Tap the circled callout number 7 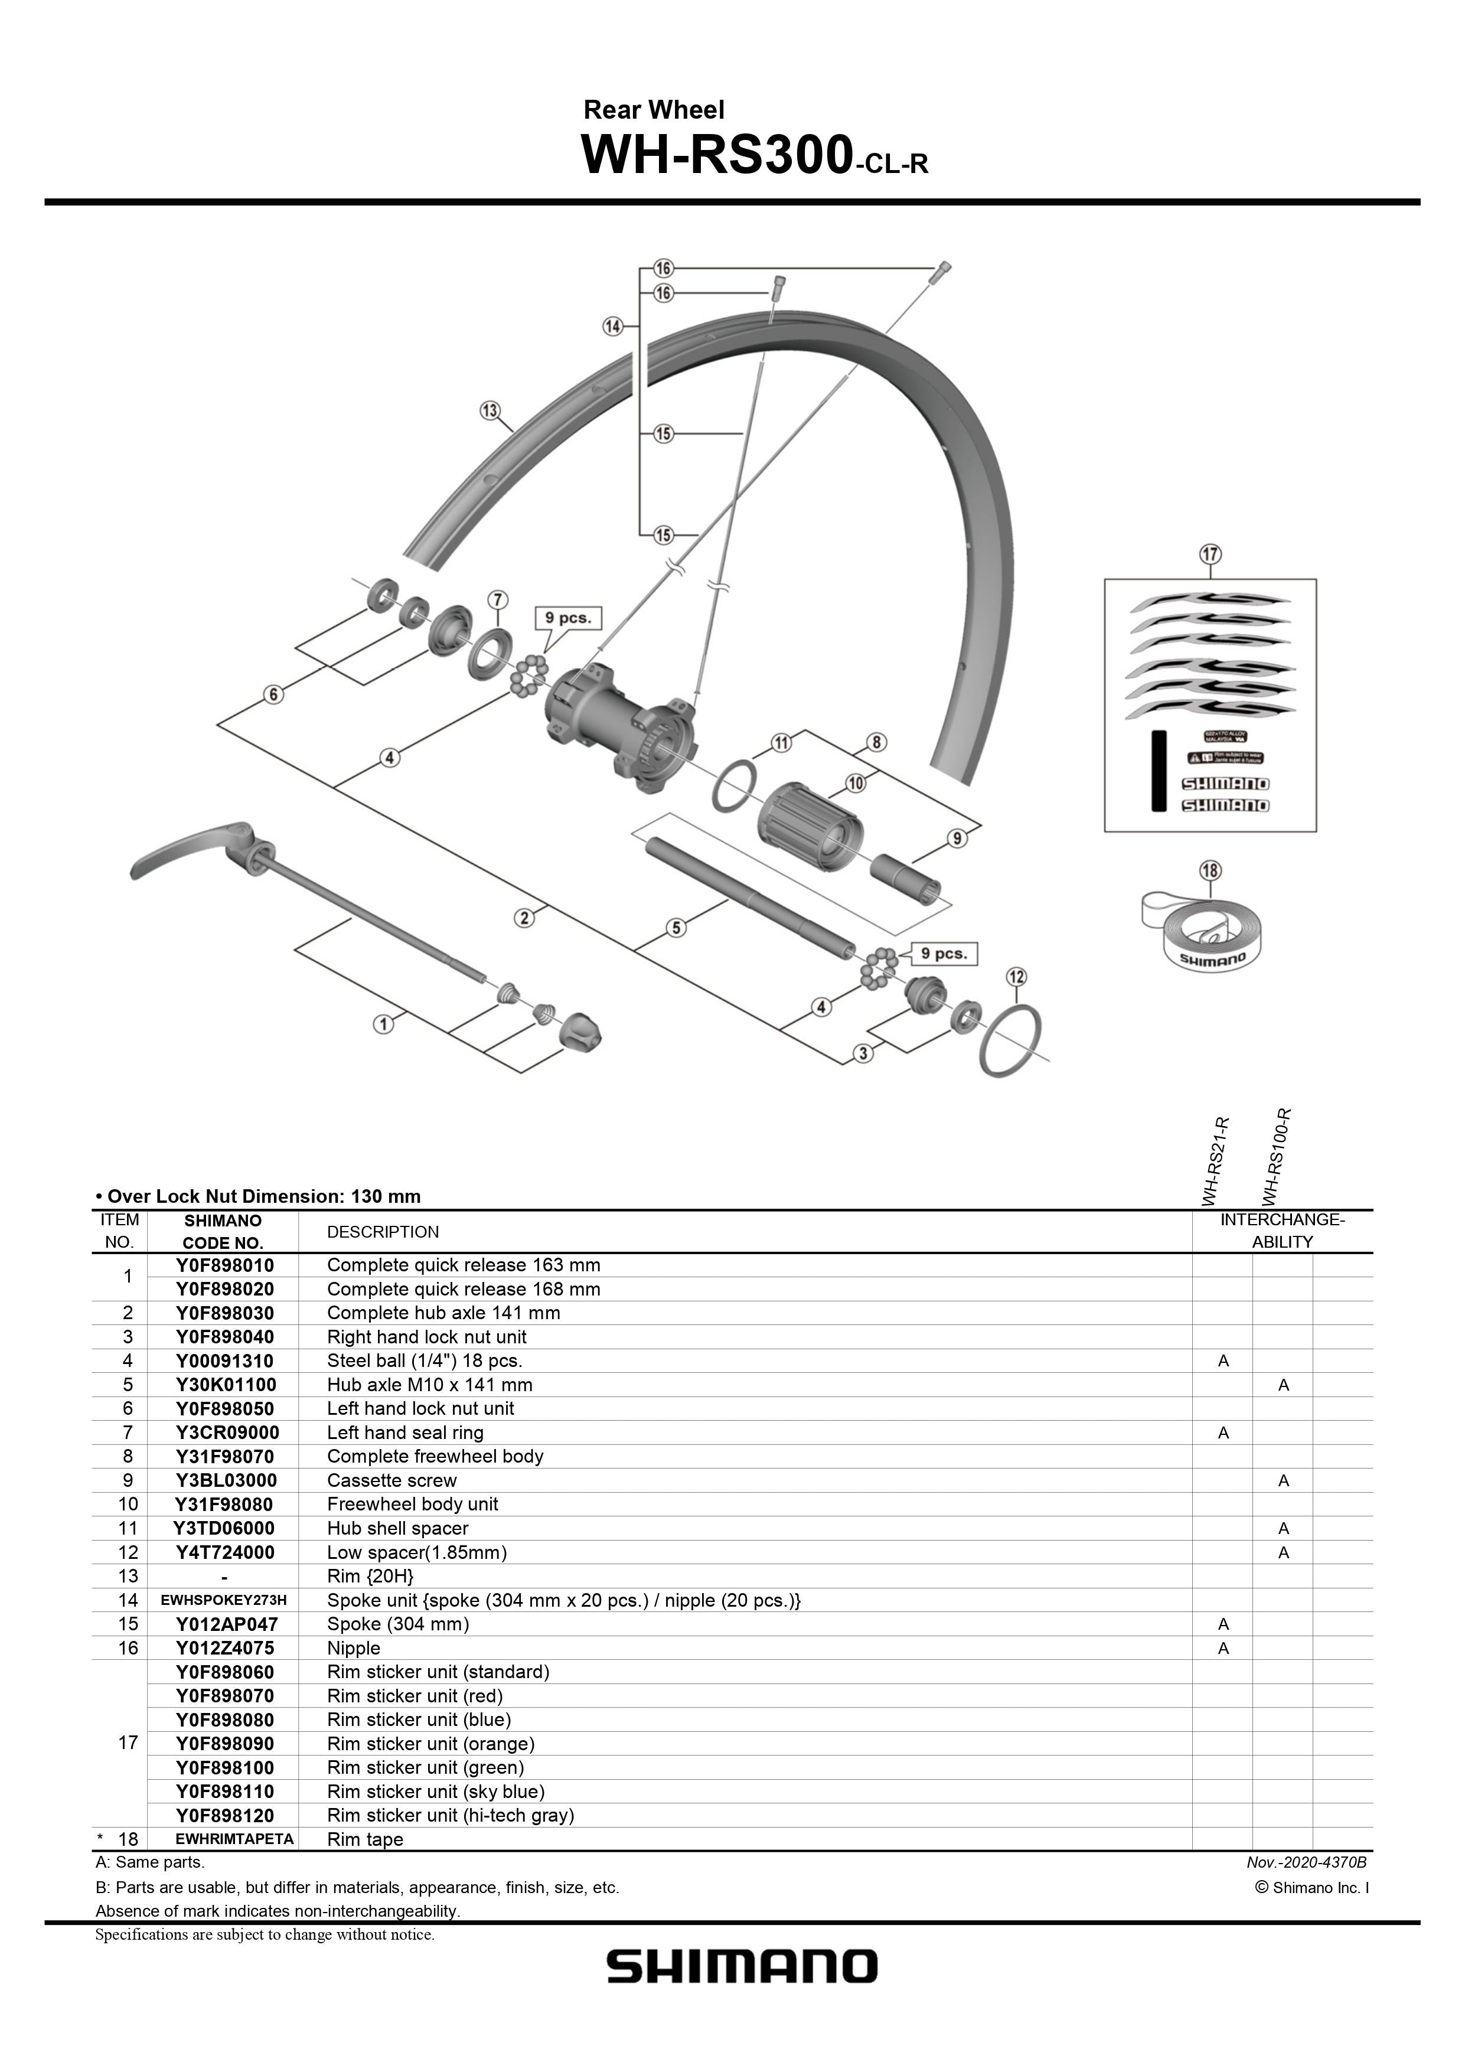tap(497, 600)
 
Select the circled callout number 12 tap(1016, 977)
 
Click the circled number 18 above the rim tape tap(1209, 871)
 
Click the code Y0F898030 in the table tap(225, 1313)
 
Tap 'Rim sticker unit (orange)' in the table tap(430, 1744)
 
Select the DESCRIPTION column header tap(383, 1232)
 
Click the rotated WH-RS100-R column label tap(1277, 1157)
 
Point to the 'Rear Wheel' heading tap(654, 110)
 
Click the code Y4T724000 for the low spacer tap(225, 1553)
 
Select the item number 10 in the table tap(128, 1505)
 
